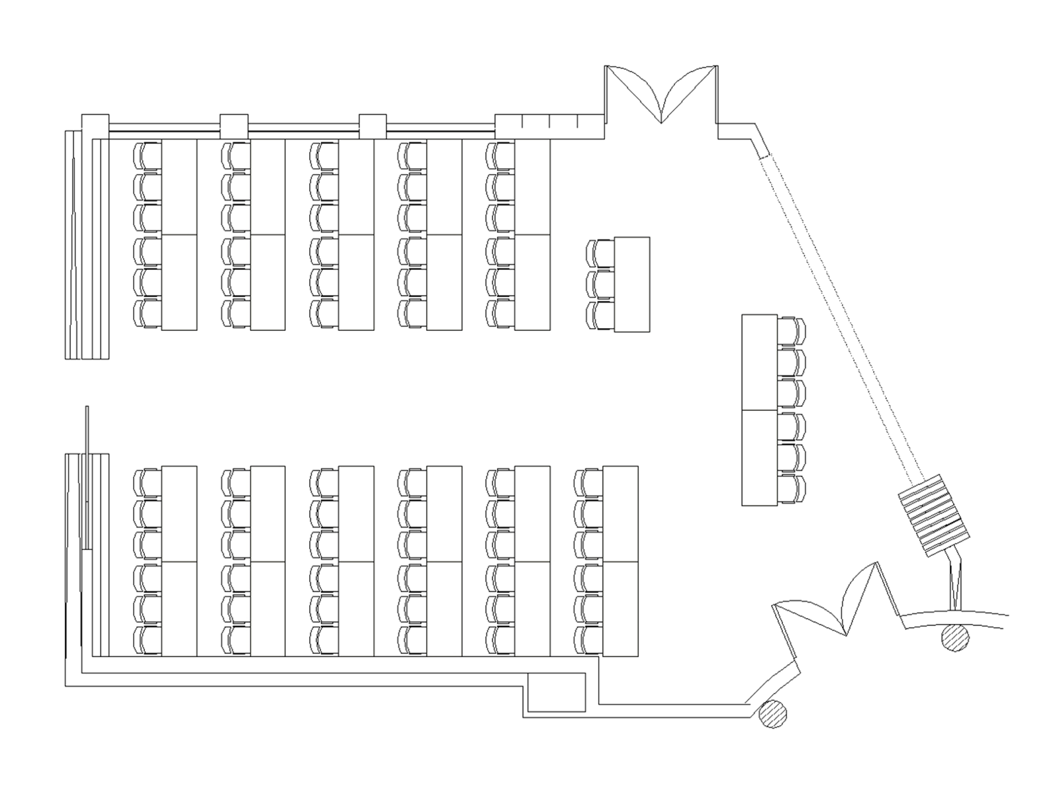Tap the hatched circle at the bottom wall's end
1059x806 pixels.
click(x=772, y=714)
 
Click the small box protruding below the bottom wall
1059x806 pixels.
click(x=557, y=694)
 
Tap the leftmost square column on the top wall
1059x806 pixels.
click(x=94, y=126)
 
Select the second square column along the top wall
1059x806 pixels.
click(x=234, y=126)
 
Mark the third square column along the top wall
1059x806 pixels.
click(x=372, y=126)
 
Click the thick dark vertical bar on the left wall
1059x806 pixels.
click(x=86, y=476)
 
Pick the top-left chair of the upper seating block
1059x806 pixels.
click(x=146, y=156)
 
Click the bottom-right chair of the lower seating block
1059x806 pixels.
click(x=588, y=639)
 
